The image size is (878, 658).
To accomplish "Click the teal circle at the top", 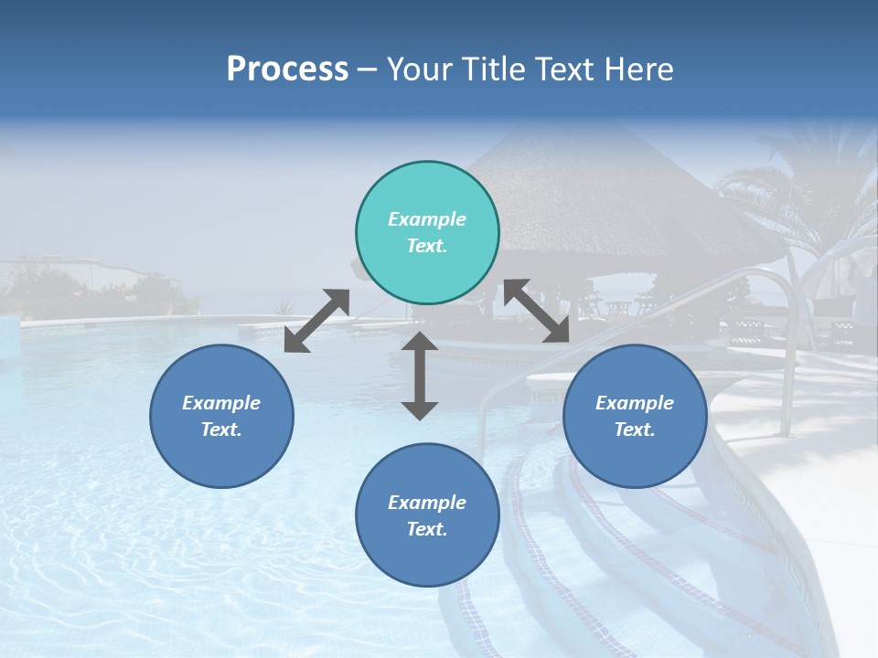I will coord(427,233).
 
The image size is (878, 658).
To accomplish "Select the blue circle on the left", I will coord(221,416).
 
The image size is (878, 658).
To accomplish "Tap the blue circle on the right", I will coord(635,416).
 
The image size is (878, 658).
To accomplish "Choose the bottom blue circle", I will coord(427,515).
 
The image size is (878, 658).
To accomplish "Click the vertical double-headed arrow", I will coord(420,376).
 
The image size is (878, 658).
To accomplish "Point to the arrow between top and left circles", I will coord(316,321).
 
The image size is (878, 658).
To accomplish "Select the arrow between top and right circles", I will coord(536,312).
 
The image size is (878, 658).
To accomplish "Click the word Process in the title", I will coord(287,69).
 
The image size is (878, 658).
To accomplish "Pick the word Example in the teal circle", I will coord(427,219).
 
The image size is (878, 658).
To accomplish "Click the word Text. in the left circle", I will coord(221,430).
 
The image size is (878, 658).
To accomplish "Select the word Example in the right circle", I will coord(635,403).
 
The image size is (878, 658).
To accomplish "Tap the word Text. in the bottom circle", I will coord(427,529).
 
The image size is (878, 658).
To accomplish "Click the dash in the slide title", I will coord(368,69).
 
